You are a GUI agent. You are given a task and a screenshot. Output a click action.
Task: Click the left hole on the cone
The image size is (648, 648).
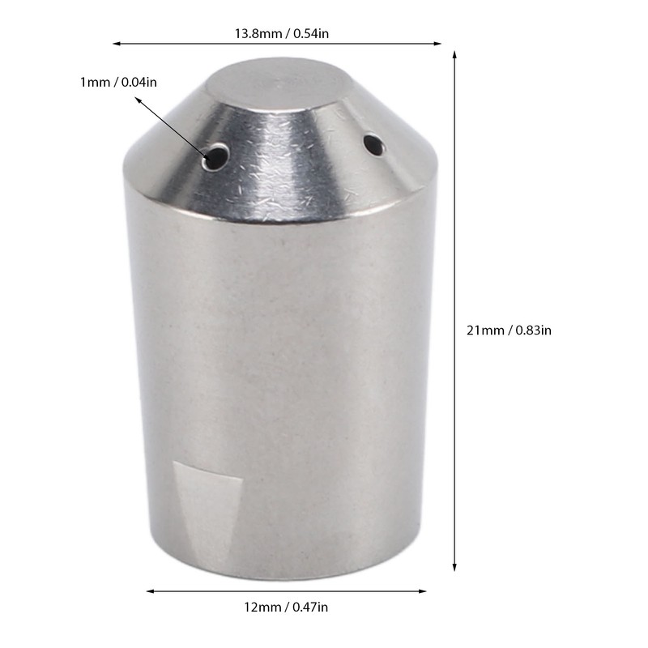(215, 156)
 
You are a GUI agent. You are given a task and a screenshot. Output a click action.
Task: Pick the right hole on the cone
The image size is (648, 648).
(373, 146)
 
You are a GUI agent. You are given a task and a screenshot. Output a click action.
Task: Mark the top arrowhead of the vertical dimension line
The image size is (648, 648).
(454, 54)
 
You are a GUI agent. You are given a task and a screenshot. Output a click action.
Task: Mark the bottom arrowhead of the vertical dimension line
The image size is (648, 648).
(454, 569)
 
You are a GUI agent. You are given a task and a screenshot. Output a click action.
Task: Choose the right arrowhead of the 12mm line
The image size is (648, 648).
(424, 591)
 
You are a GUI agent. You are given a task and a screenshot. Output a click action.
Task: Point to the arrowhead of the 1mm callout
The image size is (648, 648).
(139, 100)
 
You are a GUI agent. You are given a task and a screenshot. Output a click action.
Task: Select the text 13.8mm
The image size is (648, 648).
(253, 33)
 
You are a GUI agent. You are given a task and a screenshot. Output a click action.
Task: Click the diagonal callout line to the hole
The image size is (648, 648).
(174, 127)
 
